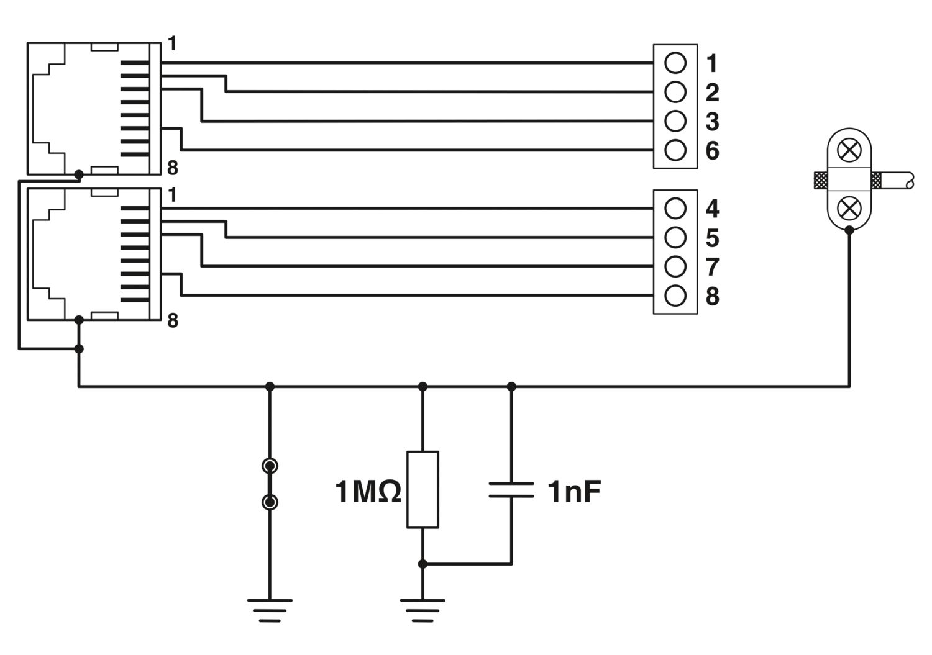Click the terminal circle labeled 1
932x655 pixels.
tap(675, 63)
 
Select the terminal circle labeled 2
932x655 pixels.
tap(675, 92)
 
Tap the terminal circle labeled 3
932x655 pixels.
tap(675, 120)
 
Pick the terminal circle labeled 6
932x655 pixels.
tap(675, 150)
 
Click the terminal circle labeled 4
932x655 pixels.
tap(675, 209)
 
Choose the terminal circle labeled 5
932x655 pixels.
tap(675, 237)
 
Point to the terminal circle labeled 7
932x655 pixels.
tap(675, 266)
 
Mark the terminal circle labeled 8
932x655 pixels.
tap(675, 296)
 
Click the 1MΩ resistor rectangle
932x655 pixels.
tap(423, 489)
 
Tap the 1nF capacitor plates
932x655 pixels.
tap(511, 489)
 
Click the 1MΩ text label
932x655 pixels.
tap(368, 492)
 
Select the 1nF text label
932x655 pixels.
tap(574, 492)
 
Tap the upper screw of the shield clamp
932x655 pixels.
tap(847, 150)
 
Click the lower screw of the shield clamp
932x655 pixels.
tap(847, 208)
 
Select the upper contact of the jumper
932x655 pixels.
tap(270, 466)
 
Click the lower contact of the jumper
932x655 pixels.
tap(270, 502)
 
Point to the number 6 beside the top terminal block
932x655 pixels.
tap(712, 151)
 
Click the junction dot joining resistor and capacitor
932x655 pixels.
tap(423, 564)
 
